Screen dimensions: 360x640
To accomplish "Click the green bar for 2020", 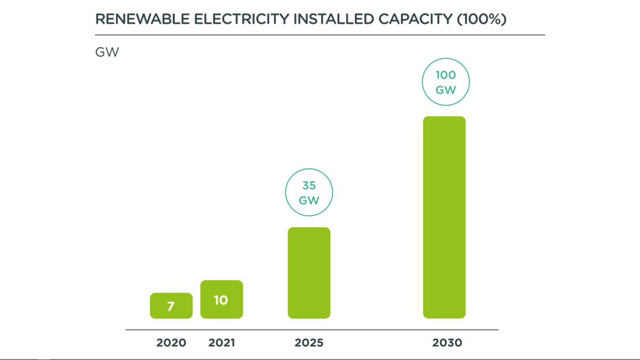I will tap(171, 306).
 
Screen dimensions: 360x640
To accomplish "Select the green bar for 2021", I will tap(221, 299).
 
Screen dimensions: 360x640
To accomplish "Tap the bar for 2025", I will tap(309, 273).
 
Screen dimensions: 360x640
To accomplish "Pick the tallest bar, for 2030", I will tap(445, 217).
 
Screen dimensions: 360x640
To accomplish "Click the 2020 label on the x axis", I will tap(171, 343).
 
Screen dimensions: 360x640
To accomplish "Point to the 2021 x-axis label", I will tap(221, 343).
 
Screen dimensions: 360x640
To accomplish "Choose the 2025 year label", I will tap(309, 343).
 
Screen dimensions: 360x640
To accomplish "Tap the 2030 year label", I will tap(447, 343).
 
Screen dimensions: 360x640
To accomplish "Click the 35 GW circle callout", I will tap(309, 193).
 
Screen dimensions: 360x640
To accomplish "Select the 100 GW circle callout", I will tap(446, 82).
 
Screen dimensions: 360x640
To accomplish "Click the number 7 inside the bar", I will tap(171, 306).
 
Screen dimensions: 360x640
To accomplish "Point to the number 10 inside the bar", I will tap(221, 300).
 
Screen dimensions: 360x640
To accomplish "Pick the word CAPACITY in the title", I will tap(415, 19).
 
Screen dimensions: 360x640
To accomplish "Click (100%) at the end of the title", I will tap(481, 19).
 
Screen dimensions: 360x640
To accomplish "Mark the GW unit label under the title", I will tap(107, 52).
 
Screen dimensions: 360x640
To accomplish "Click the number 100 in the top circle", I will tap(446, 75).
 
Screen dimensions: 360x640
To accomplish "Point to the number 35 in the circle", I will tap(309, 186).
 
